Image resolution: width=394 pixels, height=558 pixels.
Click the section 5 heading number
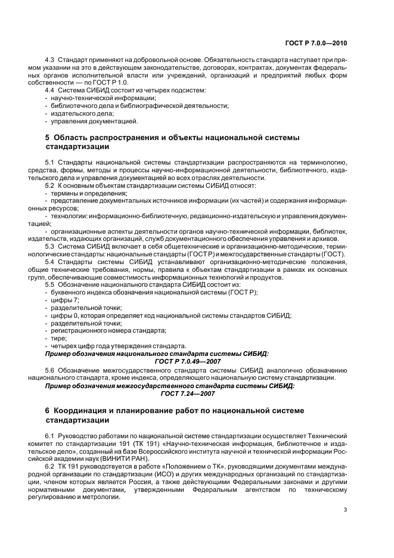coord(48,137)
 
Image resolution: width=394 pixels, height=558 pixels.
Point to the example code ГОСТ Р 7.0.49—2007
coord(188,361)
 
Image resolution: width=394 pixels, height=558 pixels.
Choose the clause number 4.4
coord(50,89)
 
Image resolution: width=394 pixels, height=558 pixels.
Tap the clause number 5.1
coord(50,162)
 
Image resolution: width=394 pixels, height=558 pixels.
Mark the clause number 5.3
coord(50,246)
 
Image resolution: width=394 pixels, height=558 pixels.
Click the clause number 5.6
coord(50,370)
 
